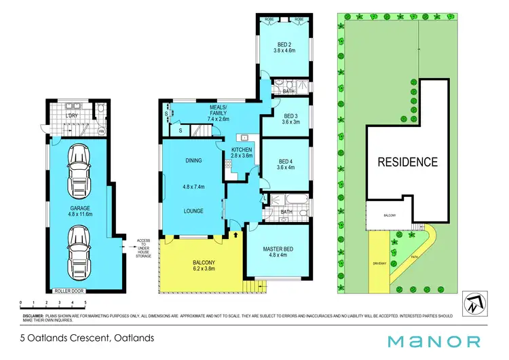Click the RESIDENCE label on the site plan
tap(407, 162)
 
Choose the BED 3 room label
tap(284, 115)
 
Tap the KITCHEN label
tap(242, 149)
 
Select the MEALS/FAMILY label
tap(219, 113)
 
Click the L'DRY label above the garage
tap(73, 115)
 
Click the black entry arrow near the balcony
tap(235, 235)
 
